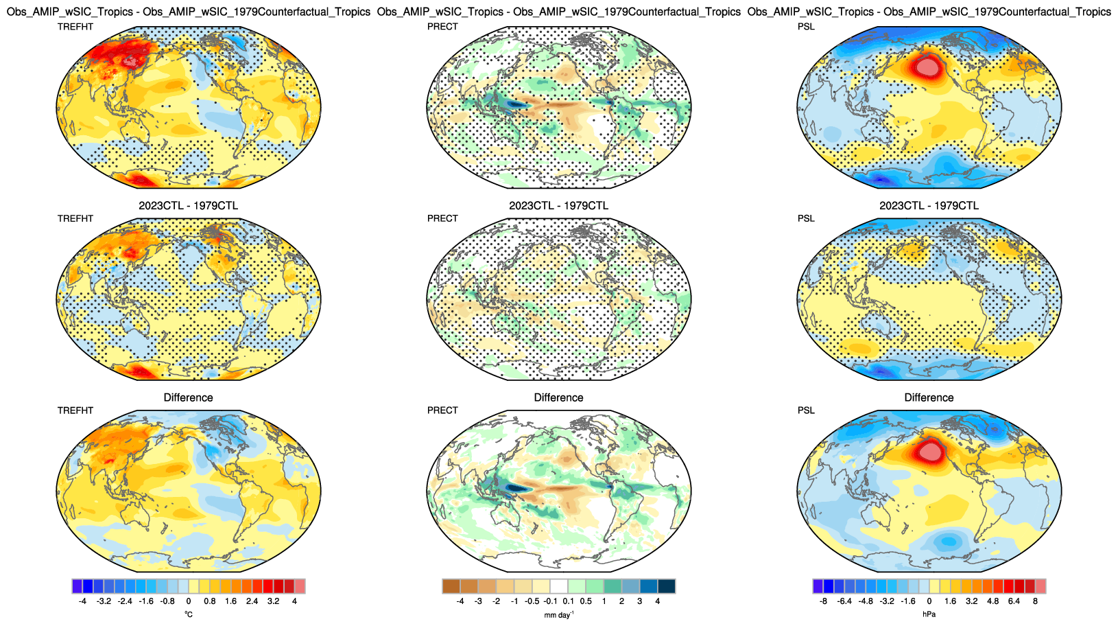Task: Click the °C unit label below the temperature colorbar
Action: point(189,614)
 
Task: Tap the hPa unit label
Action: point(929,614)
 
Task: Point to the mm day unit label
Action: point(558,615)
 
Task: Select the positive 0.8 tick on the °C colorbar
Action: point(210,601)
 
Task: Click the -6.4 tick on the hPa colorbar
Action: point(844,601)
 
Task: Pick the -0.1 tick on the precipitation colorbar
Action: point(550,601)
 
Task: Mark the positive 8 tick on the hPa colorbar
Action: point(1035,601)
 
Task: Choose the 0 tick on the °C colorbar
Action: point(189,601)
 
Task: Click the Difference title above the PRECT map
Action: point(558,397)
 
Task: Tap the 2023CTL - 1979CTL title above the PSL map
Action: point(929,205)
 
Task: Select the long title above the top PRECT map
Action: point(558,12)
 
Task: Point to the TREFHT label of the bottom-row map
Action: point(75,410)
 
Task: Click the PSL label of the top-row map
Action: point(806,27)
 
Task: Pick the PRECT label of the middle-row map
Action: point(442,218)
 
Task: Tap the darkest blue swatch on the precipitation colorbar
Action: point(666,586)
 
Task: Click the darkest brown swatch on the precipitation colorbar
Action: point(451,586)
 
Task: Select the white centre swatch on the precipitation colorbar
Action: point(559,586)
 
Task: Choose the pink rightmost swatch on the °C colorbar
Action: point(300,586)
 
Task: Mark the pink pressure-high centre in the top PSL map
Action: point(927,67)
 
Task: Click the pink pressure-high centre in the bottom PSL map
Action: point(930,451)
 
